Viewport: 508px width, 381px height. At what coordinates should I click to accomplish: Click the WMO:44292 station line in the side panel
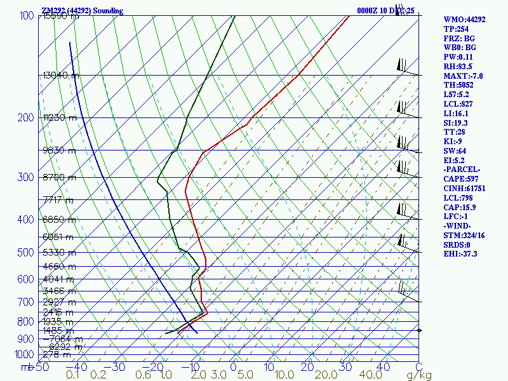(464, 20)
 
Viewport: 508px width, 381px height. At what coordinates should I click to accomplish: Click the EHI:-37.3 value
(462, 254)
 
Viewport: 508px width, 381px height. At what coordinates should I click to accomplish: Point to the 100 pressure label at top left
(27, 16)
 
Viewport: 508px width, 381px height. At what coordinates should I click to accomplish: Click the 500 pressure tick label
(27, 253)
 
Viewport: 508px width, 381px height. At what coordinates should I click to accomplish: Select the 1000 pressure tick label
(24, 354)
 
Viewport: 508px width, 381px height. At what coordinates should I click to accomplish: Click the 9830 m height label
(59, 150)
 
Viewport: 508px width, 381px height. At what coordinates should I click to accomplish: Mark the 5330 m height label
(59, 253)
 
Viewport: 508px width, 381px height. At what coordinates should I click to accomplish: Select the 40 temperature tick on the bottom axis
(383, 367)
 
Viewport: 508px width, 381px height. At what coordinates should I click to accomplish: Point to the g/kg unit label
(418, 375)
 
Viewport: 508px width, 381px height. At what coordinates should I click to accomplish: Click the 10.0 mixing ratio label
(280, 375)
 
